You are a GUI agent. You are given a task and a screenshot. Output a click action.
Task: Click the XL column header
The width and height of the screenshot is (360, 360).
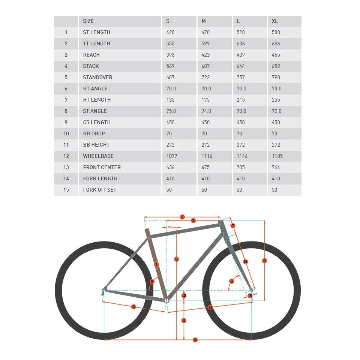click(x=275, y=21)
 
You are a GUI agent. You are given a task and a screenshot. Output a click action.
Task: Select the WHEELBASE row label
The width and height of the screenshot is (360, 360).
click(x=98, y=156)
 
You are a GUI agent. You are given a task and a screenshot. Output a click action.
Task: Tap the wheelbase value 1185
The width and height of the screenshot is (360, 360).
click(x=277, y=156)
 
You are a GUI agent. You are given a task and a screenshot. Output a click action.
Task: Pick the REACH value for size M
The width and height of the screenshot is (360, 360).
click(x=206, y=55)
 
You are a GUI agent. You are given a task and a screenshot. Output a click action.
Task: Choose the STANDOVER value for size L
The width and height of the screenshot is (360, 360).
click(x=241, y=77)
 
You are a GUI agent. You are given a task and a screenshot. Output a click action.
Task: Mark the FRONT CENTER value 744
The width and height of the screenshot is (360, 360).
click(x=276, y=167)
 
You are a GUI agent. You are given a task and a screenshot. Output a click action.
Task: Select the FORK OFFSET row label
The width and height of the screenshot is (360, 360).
click(x=100, y=190)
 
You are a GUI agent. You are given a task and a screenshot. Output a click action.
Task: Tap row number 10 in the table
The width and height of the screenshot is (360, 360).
click(x=66, y=133)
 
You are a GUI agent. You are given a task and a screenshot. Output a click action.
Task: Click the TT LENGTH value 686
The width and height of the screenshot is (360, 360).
click(x=276, y=43)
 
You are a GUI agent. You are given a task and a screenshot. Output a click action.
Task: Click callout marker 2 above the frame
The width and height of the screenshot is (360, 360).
click(x=182, y=217)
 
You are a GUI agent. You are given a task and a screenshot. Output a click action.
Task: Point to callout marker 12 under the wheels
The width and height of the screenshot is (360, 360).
click(x=195, y=340)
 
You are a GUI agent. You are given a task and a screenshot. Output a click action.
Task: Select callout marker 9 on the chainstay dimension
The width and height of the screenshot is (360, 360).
click(x=133, y=307)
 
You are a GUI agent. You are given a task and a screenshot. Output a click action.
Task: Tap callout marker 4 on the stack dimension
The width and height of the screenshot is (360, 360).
click(x=264, y=261)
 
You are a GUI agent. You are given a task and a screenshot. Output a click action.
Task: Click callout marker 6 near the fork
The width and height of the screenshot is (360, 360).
click(x=231, y=281)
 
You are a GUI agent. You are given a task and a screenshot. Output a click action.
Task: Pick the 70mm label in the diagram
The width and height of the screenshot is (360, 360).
click(x=171, y=227)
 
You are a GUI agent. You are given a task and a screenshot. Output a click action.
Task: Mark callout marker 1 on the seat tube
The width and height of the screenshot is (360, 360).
click(x=156, y=264)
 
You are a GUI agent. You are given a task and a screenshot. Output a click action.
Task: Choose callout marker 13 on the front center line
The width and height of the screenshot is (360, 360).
click(x=210, y=307)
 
